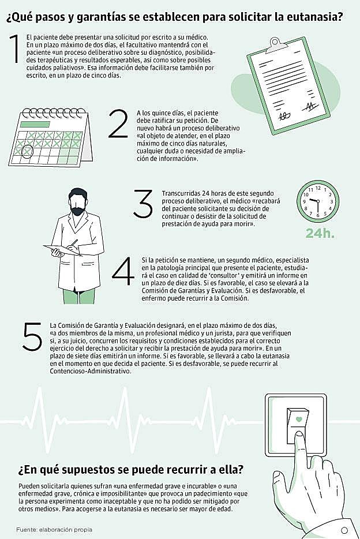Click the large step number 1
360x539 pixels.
click(14, 48)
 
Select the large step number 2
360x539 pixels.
click(118, 124)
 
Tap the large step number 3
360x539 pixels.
click(142, 204)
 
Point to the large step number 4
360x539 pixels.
click(123, 271)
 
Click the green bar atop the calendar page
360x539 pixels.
click(35, 125)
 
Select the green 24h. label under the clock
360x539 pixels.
click(320, 233)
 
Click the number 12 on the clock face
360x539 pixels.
click(318, 188)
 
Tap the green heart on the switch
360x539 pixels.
click(299, 420)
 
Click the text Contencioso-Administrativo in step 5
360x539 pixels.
click(91, 372)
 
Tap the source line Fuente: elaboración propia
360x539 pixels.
click(54, 530)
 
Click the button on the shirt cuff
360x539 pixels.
click(344, 530)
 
